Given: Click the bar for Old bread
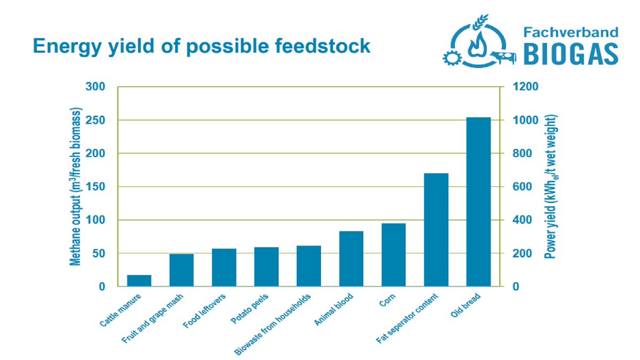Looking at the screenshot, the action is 478,202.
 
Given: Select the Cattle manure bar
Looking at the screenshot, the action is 139,281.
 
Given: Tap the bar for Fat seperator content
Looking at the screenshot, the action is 436,230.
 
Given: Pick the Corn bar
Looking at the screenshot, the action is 394,255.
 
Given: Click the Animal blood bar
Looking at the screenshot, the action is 351,259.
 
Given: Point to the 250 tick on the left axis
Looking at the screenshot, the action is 95,121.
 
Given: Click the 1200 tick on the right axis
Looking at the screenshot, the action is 526,86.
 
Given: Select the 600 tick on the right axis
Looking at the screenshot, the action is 523,187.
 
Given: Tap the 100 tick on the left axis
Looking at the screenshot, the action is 95,220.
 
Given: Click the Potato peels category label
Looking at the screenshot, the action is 250,309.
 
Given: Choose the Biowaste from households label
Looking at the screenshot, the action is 273,324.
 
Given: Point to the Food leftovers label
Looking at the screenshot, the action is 204,311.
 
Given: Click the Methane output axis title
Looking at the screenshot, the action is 76,187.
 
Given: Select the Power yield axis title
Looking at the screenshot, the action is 551,187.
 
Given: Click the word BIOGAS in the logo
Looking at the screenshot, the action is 571,54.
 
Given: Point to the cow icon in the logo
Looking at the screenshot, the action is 503,57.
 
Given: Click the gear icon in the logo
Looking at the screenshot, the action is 452,58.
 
